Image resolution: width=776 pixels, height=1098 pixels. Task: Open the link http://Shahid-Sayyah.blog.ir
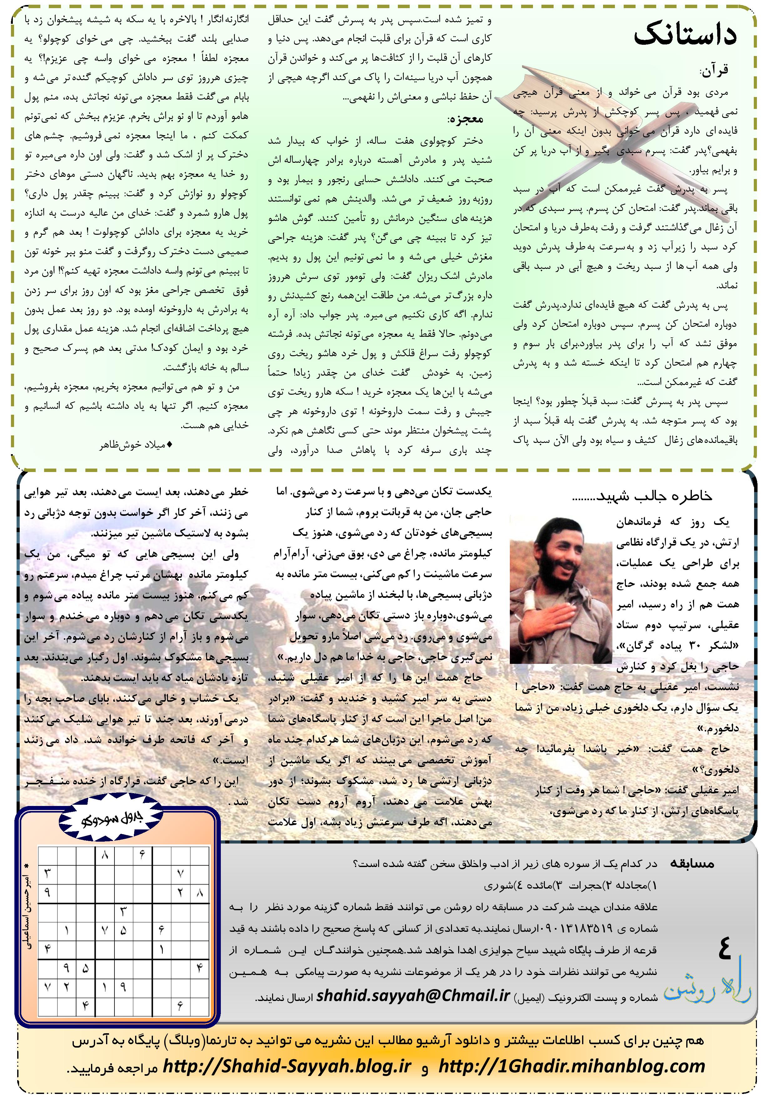pos(287,1065)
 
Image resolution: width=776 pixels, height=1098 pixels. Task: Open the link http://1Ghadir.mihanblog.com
pos(571,1065)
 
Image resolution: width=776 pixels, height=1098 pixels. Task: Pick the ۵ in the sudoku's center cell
pos(123,931)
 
